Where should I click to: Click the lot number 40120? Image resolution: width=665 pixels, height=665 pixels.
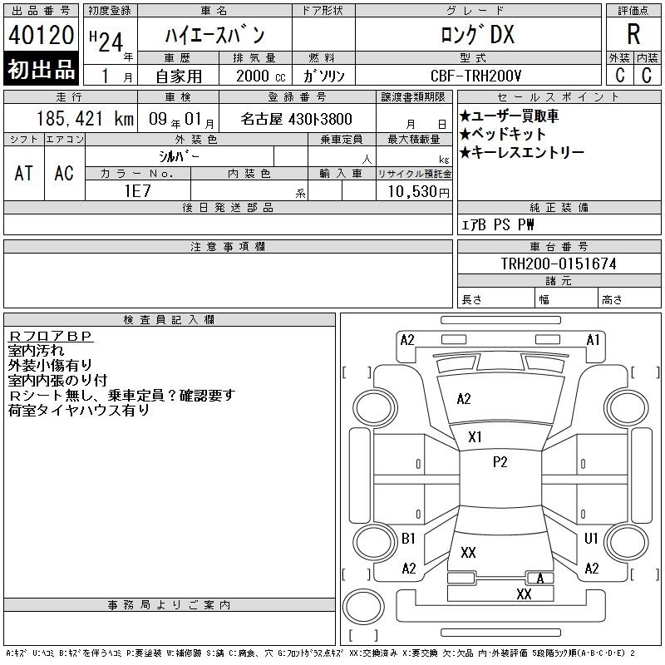tap(41, 35)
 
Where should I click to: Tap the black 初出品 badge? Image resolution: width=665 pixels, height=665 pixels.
tap(41, 69)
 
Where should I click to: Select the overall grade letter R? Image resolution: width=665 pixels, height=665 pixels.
tap(633, 34)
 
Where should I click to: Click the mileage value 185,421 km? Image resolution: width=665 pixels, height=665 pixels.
tap(85, 119)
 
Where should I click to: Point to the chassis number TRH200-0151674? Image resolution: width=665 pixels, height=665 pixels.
tap(559, 264)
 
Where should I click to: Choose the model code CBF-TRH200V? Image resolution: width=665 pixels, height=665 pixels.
tap(475, 76)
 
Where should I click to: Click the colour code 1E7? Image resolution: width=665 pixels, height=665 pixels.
tap(137, 191)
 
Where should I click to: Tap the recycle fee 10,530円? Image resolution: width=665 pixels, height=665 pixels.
tap(418, 192)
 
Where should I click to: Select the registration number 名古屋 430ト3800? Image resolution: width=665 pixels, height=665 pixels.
tap(296, 119)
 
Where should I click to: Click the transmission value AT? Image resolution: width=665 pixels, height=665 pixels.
tap(24, 173)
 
